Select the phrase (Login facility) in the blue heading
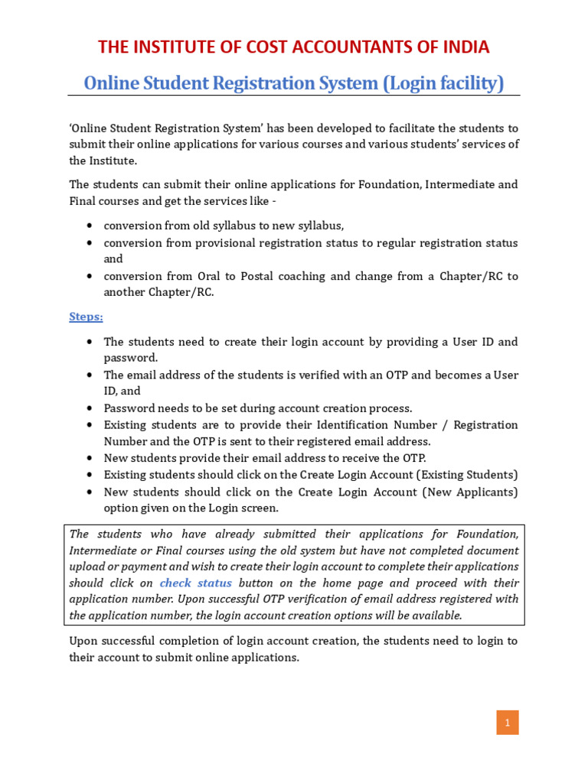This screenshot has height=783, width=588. [x=443, y=83]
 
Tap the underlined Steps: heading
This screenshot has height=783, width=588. [x=86, y=317]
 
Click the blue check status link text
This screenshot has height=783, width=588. [x=196, y=583]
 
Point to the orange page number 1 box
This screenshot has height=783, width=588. [x=507, y=723]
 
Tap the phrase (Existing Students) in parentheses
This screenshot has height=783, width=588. [x=465, y=475]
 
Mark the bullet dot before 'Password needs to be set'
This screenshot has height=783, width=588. [x=90, y=408]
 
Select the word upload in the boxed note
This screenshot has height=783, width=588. [x=86, y=567]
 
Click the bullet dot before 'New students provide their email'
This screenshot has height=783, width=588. [x=90, y=458]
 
